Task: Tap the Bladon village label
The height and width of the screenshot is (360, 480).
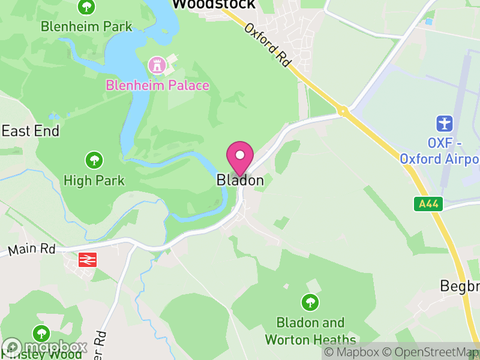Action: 240,180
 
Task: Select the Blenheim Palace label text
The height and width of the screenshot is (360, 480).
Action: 158,85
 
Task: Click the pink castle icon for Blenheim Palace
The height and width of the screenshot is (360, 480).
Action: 157,65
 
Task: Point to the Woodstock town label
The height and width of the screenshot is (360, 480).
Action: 214,5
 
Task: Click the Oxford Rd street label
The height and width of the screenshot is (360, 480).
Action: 267,45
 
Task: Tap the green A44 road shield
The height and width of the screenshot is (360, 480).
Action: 428,204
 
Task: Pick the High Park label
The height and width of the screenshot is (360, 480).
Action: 94,180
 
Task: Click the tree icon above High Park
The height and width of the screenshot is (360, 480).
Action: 94,160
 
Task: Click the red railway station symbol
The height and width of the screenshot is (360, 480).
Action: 88,259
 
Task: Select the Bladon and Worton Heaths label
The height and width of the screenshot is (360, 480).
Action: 310,331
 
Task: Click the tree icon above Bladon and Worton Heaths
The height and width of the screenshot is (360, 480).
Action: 310,302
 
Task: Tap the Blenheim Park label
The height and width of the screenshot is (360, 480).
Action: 86,26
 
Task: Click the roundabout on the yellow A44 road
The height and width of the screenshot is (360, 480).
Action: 343,111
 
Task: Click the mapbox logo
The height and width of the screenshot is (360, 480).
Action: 44,347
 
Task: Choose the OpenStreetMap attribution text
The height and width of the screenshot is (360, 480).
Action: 430,352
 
